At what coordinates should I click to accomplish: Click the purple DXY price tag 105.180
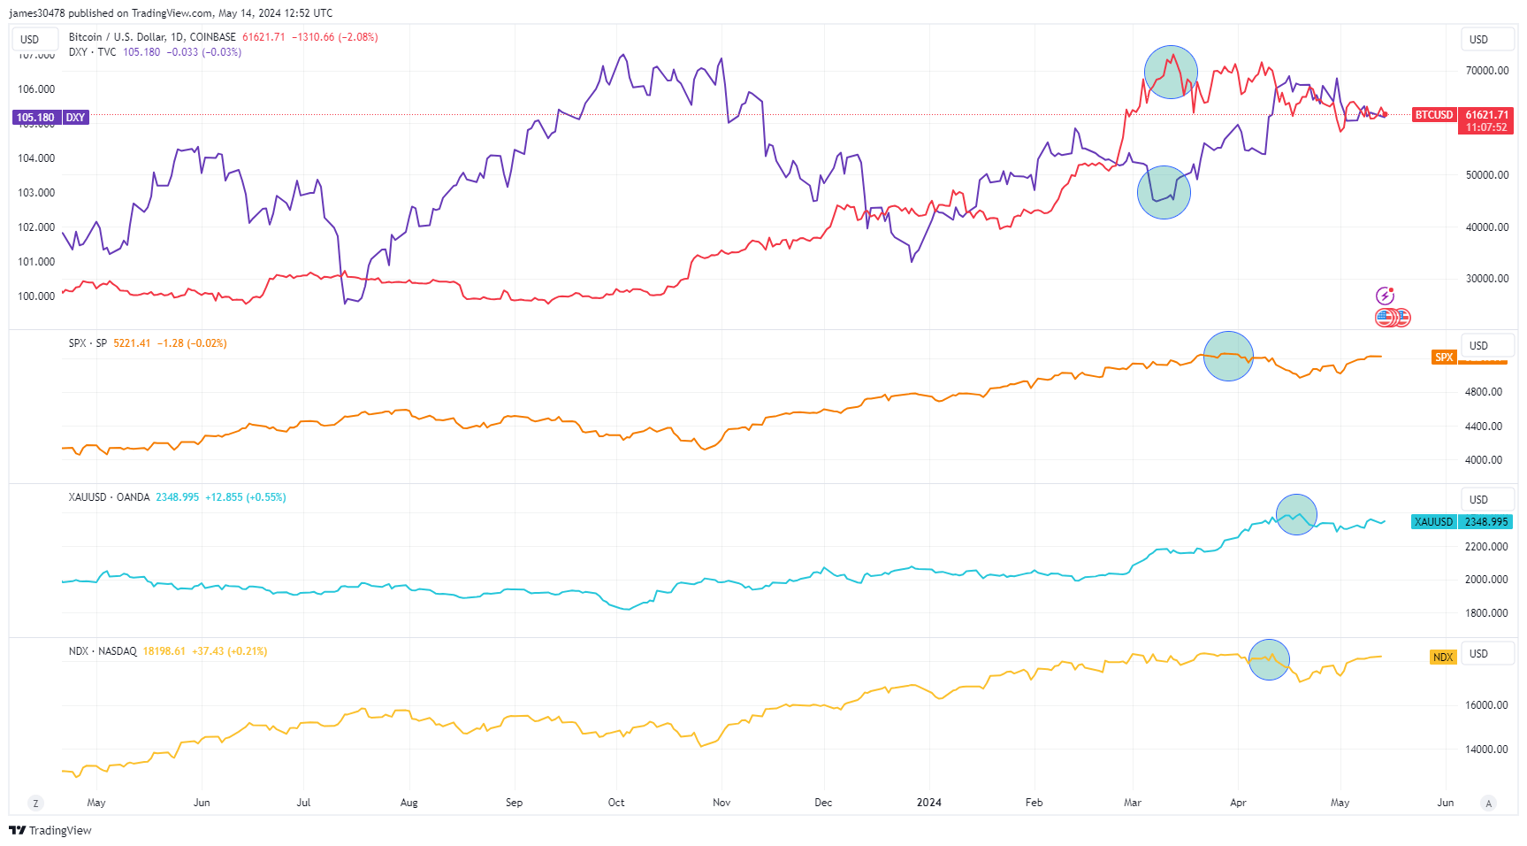click(36, 118)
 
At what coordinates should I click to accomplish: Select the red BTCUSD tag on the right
click(1433, 115)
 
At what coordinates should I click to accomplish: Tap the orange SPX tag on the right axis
click(1444, 358)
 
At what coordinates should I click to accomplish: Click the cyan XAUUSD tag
click(1433, 522)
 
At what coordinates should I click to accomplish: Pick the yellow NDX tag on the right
click(1443, 658)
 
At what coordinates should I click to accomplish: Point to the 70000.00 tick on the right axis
click(1487, 71)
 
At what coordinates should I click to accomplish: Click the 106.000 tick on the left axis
click(36, 89)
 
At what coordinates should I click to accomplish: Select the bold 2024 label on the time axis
click(928, 803)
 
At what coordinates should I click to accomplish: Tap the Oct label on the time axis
click(616, 803)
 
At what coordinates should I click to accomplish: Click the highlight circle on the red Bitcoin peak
click(1171, 72)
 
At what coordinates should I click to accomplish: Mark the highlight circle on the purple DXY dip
click(1164, 192)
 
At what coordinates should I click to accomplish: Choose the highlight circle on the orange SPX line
click(1228, 356)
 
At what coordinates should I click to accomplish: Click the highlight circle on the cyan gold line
click(1296, 514)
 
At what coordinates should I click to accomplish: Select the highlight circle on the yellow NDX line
click(1269, 659)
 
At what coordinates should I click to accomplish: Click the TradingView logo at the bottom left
click(50, 830)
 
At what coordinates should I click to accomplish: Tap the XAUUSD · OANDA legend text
click(109, 497)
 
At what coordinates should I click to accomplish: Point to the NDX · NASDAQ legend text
click(103, 651)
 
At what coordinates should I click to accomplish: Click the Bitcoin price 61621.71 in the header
click(263, 37)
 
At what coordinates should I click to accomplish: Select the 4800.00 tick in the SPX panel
click(1484, 392)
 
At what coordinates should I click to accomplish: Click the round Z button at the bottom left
click(35, 803)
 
